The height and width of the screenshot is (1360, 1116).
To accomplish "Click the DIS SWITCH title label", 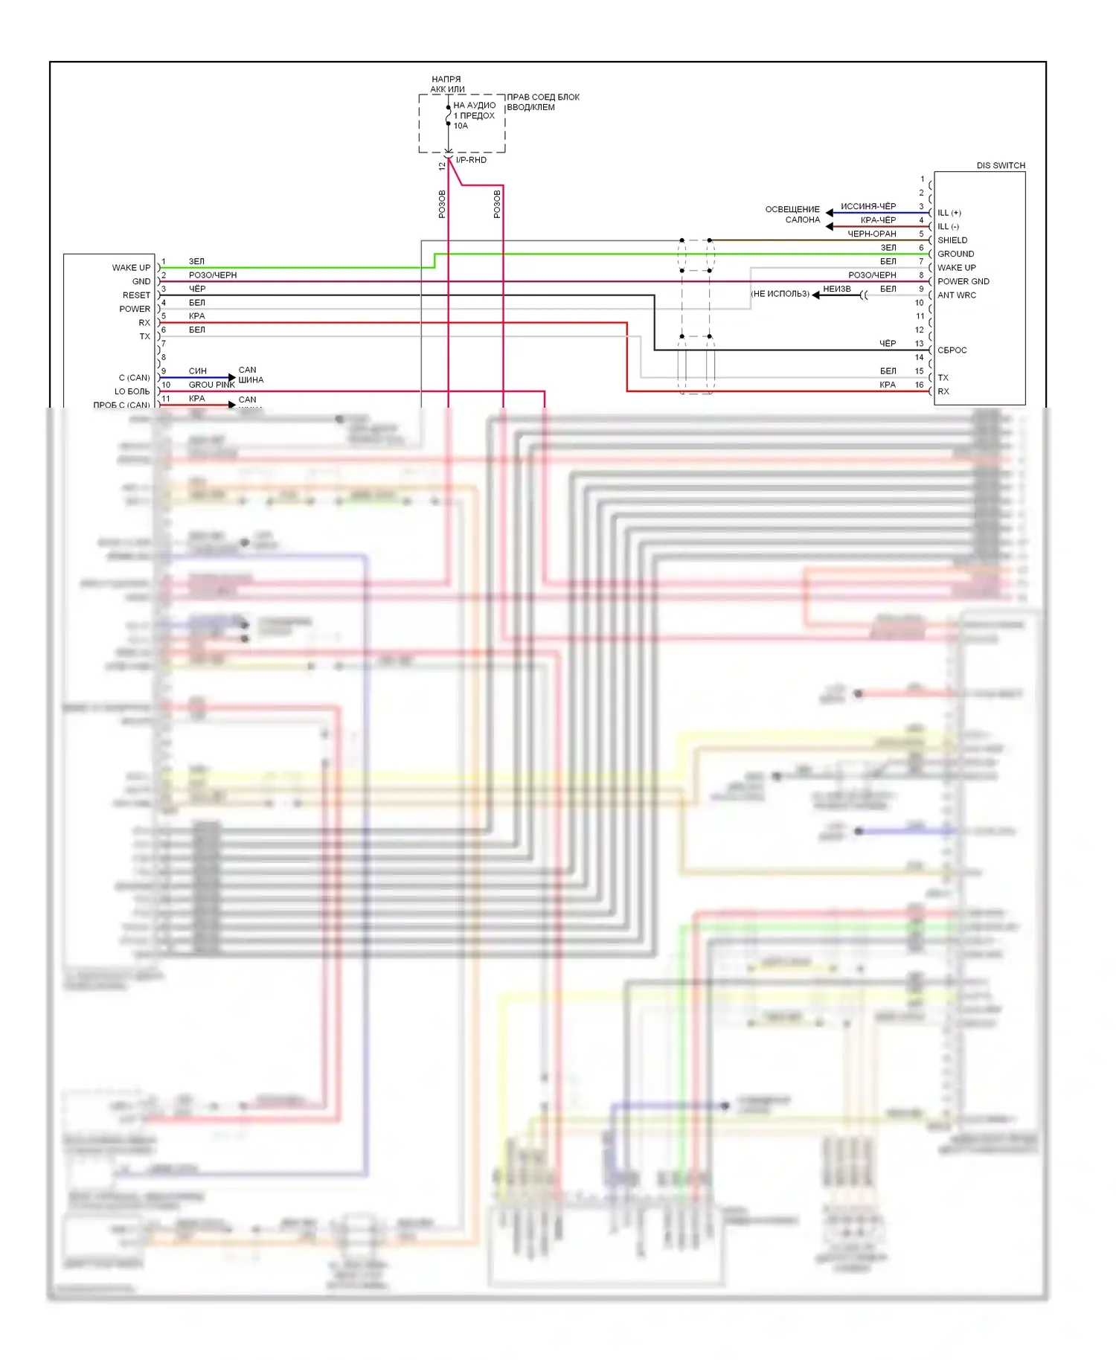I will click(x=1000, y=165).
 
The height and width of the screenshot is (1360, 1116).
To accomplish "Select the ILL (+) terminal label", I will click(x=949, y=213).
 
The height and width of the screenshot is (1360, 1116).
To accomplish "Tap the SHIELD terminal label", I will click(x=952, y=240).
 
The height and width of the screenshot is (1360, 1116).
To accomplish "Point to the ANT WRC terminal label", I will click(x=957, y=295).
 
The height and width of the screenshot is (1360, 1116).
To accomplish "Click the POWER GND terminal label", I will click(x=963, y=281).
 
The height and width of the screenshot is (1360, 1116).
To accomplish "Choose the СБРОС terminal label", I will click(x=952, y=350).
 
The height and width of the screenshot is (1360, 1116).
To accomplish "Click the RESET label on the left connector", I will click(x=136, y=295).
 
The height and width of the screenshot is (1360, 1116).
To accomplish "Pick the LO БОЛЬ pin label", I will click(x=132, y=391).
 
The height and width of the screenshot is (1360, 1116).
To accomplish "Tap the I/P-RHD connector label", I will click(x=471, y=160).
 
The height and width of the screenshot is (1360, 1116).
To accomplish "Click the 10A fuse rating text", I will click(x=461, y=126).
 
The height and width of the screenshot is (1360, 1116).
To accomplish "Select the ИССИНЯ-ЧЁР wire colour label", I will click(x=868, y=206).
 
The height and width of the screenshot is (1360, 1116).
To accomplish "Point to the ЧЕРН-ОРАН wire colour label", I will click(x=872, y=234).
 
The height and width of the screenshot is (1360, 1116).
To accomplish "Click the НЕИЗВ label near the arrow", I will click(x=837, y=289).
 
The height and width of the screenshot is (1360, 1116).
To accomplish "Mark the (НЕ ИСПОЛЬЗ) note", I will click(x=780, y=294).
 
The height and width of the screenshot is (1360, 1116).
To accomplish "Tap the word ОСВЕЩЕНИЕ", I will click(x=792, y=209).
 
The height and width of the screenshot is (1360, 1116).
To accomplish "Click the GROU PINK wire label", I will click(x=211, y=385).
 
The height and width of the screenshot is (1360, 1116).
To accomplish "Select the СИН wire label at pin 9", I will click(x=197, y=371).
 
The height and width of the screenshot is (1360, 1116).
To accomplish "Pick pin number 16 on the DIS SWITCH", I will click(x=920, y=385).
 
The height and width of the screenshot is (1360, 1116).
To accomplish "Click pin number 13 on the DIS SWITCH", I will click(x=920, y=344).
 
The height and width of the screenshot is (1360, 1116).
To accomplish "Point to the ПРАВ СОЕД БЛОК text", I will click(x=543, y=97).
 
